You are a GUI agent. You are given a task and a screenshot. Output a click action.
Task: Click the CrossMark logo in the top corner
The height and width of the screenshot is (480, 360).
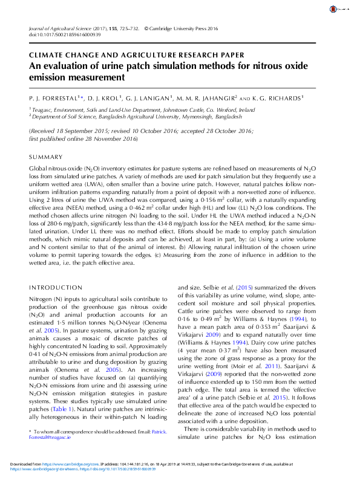tap(335, 10)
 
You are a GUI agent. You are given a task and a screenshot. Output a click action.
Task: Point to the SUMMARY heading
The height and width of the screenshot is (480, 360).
tap(46, 157)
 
